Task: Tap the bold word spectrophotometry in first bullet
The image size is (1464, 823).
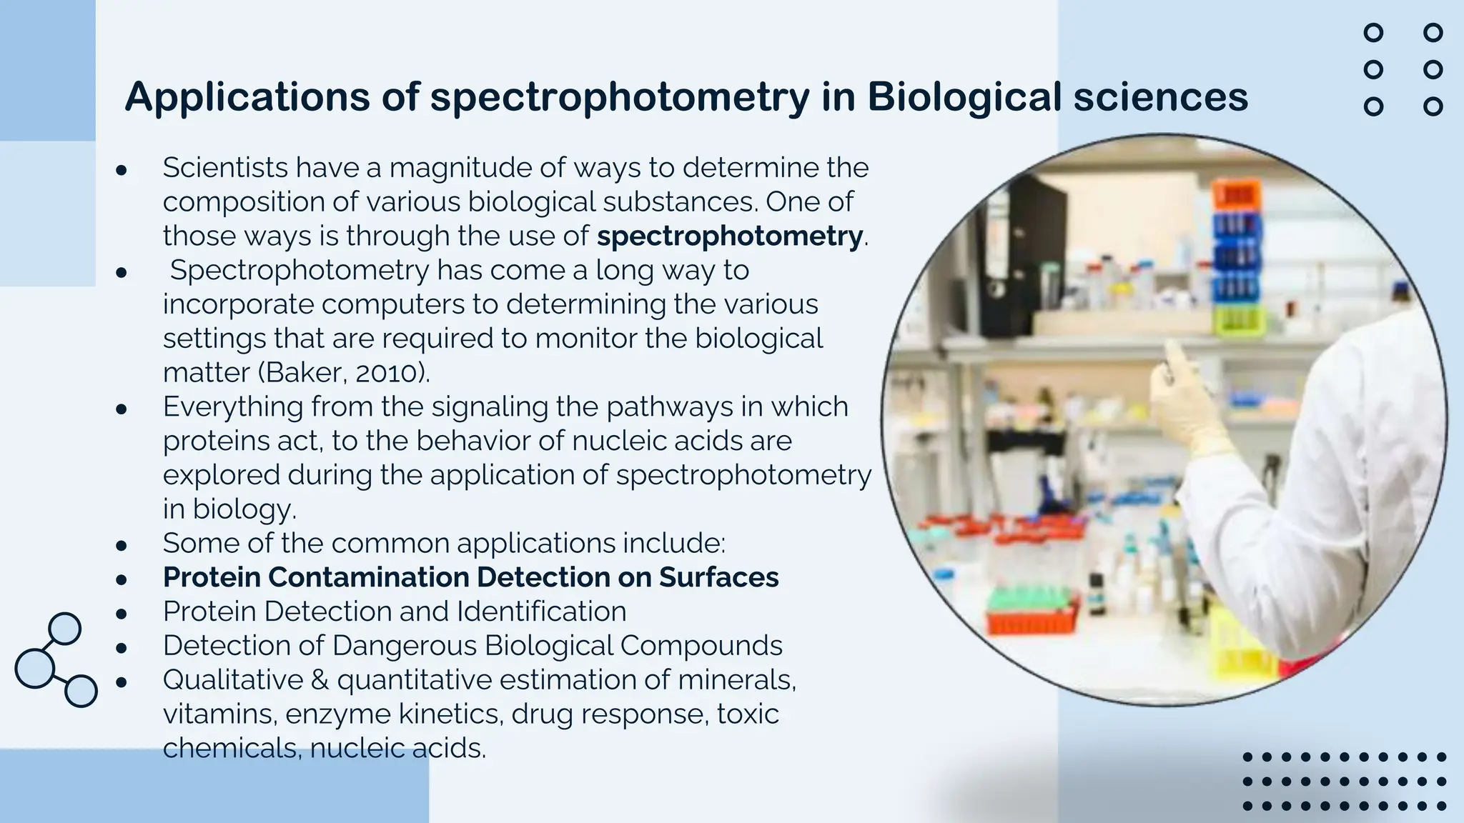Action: click(730, 236)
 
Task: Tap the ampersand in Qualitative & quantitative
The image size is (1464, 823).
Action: click(320, 679)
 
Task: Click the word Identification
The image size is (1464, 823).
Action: click(541, 612)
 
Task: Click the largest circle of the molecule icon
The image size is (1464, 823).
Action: click(34, 668)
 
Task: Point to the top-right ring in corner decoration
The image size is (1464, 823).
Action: click(1433, 33)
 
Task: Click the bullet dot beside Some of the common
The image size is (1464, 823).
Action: click(122, 544)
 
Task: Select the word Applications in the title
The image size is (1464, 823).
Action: click(247, 97)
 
